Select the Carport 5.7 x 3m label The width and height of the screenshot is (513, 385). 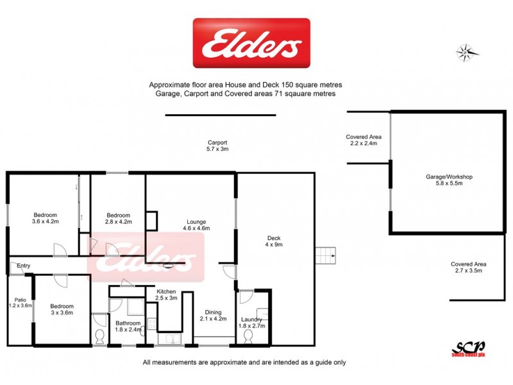(x=217, y=146)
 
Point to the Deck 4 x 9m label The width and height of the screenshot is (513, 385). (x=274, y=241)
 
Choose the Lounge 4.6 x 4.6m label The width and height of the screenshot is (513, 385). (x=196, y=225)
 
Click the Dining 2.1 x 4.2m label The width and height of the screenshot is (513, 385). (x=213, y=315)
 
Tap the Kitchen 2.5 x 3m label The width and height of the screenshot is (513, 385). (x=166, y=295)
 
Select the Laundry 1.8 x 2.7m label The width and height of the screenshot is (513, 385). (x=251, y=323)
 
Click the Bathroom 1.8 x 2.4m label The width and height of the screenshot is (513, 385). (x=128, y=327)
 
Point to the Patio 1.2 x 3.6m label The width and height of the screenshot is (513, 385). (x=19, y=302)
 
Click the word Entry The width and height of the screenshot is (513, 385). (x=24, y=266)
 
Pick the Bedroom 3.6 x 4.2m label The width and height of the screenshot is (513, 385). (x=45, y=218)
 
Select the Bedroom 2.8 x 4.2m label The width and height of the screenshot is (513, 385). (x=118, y=218)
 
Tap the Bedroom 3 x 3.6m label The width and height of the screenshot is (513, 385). (x=62, y=309)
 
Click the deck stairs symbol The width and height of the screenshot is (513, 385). (x=328, y=255)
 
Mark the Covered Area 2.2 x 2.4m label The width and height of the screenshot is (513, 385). (x=364, y=141)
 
